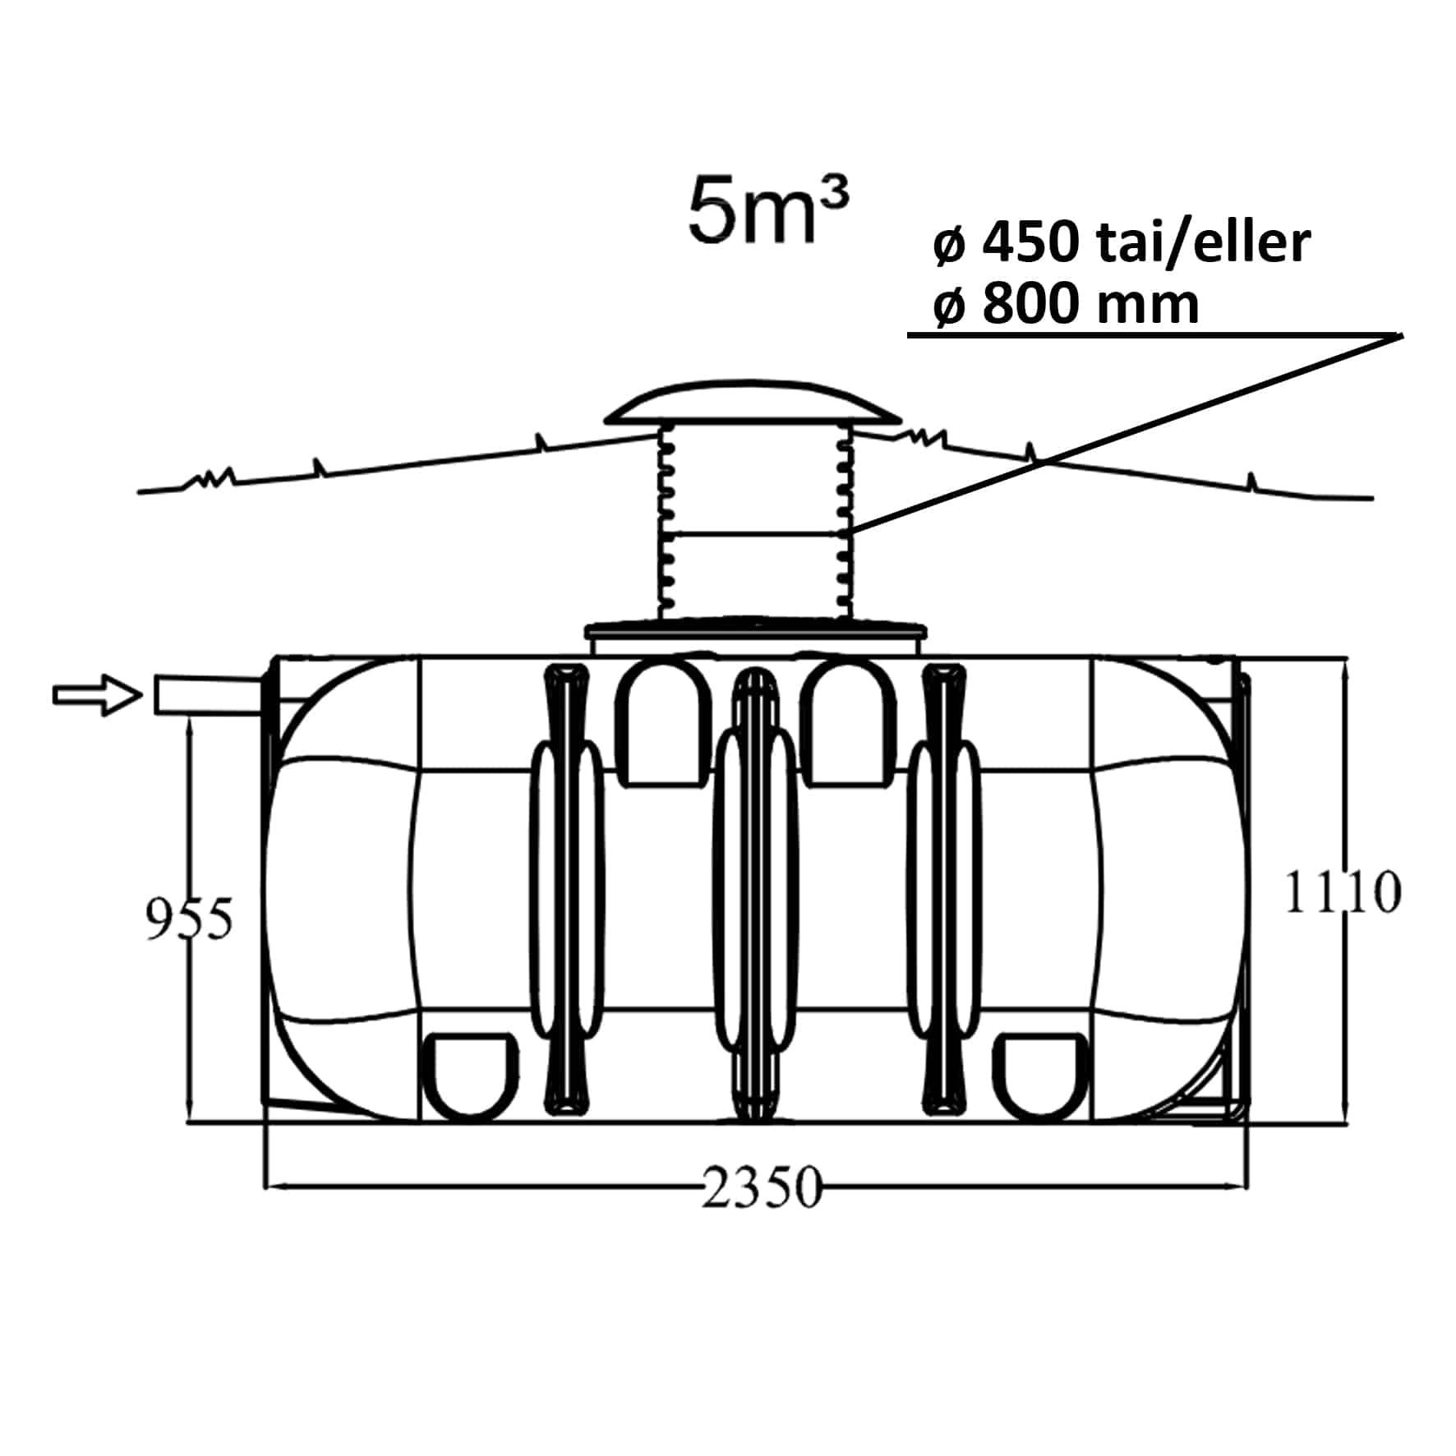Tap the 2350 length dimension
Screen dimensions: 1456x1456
point(761,1187)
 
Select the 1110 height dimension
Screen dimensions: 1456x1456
point(1342,892)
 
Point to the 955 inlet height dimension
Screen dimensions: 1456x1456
point(189,918)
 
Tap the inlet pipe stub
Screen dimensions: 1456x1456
point(210,695)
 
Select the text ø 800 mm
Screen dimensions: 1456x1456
point(1066,303)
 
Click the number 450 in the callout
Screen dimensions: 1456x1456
point(1030,243)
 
